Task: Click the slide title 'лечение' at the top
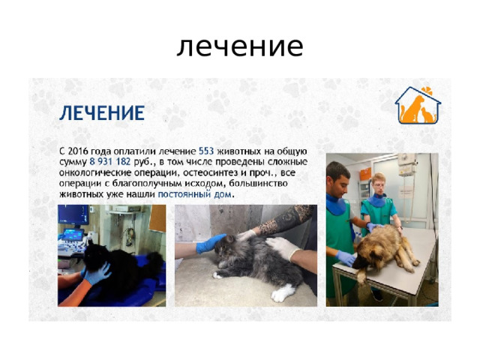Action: pos(240,46)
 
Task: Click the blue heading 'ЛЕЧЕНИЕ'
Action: pos(102,114)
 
